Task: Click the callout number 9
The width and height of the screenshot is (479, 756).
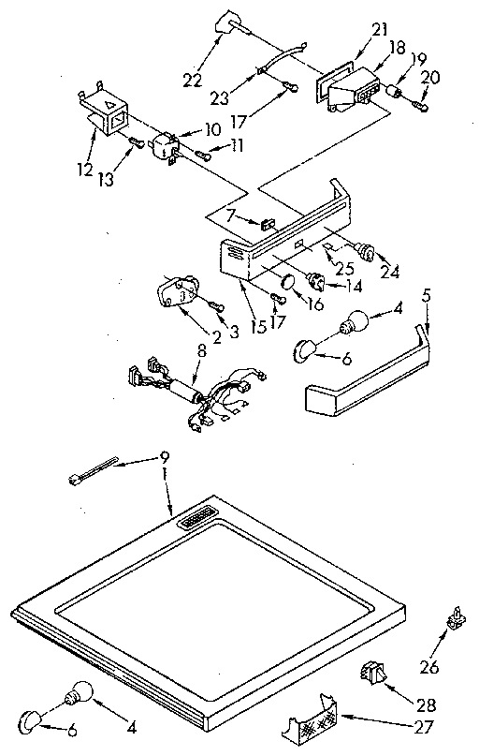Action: pos(165,458)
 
